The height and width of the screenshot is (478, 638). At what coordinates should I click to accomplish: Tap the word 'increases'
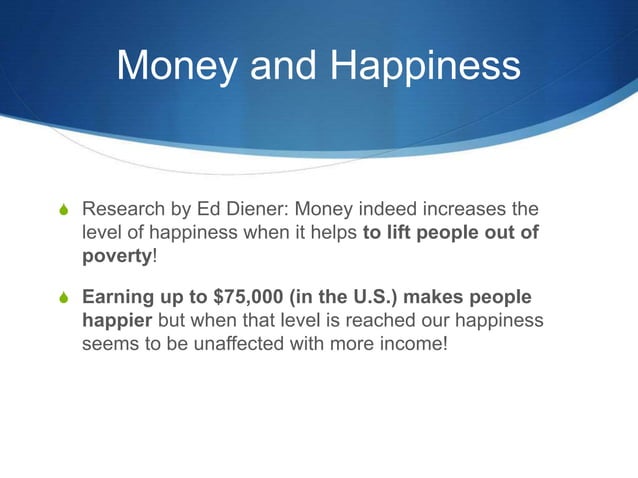tap(462, 211)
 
